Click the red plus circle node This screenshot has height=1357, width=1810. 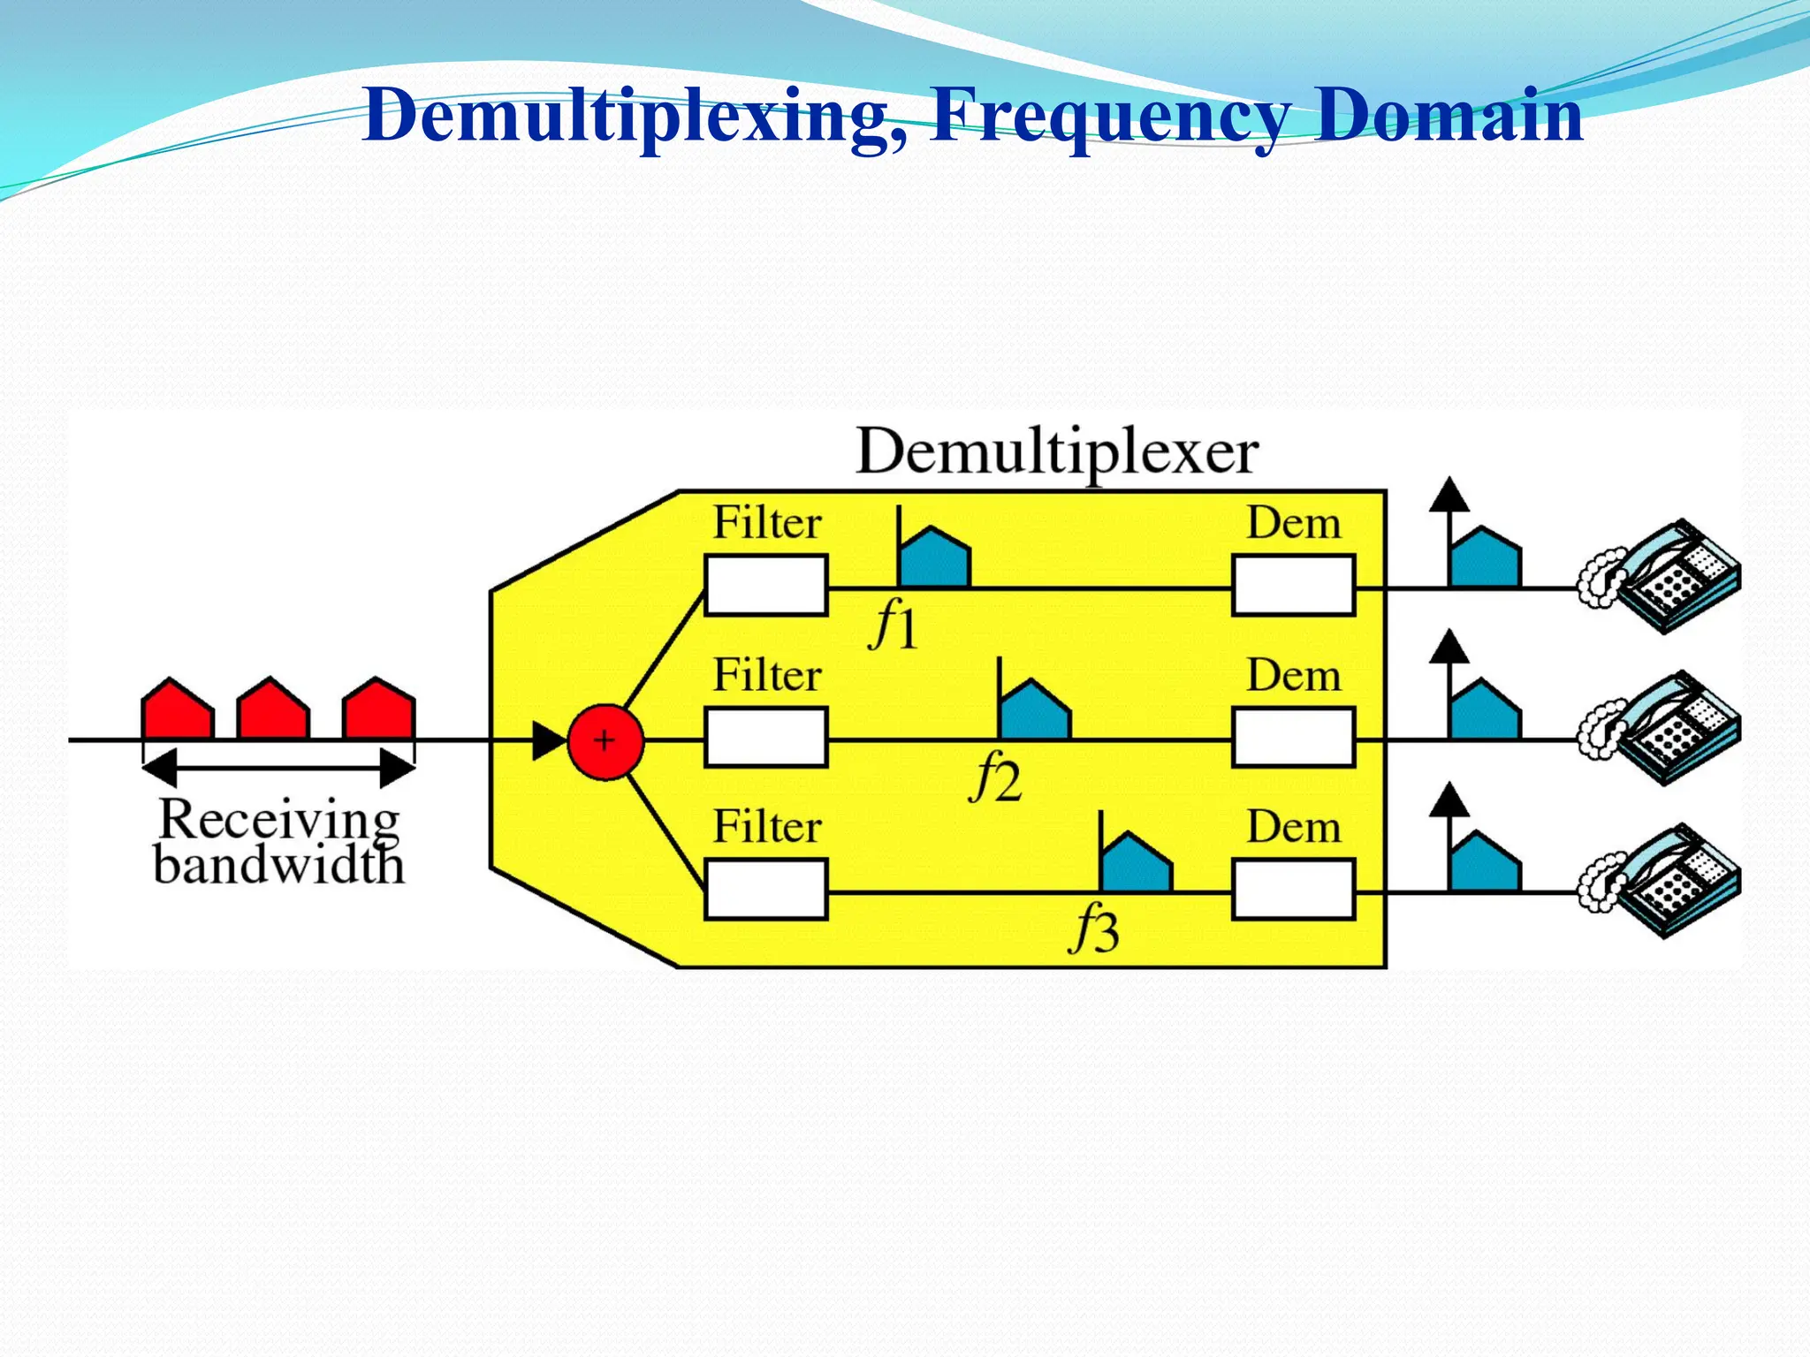click(605, 741)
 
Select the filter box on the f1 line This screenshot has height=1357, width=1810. click(766, 586)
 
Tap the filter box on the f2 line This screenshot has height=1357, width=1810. click(766, 738)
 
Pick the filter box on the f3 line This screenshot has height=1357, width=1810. click(766, 890)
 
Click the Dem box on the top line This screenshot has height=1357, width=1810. click(1293, 586)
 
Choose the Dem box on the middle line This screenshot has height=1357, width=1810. click(1293, 738)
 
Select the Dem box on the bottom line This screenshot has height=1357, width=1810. click(1293, 890)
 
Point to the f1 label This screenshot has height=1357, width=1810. click(894, 626)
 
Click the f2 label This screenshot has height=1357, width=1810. click(996, 778)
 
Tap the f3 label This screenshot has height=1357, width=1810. click(1095, 930)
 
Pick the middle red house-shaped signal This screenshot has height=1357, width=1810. click(273, 709)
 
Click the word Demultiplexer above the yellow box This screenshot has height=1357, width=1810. click(1057, 452)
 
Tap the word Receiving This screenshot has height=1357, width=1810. click(279, 819)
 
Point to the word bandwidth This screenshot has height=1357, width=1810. click(279, 865)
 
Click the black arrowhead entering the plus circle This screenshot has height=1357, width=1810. click(549, 741)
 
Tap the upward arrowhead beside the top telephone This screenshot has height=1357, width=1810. click(1449, 496)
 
